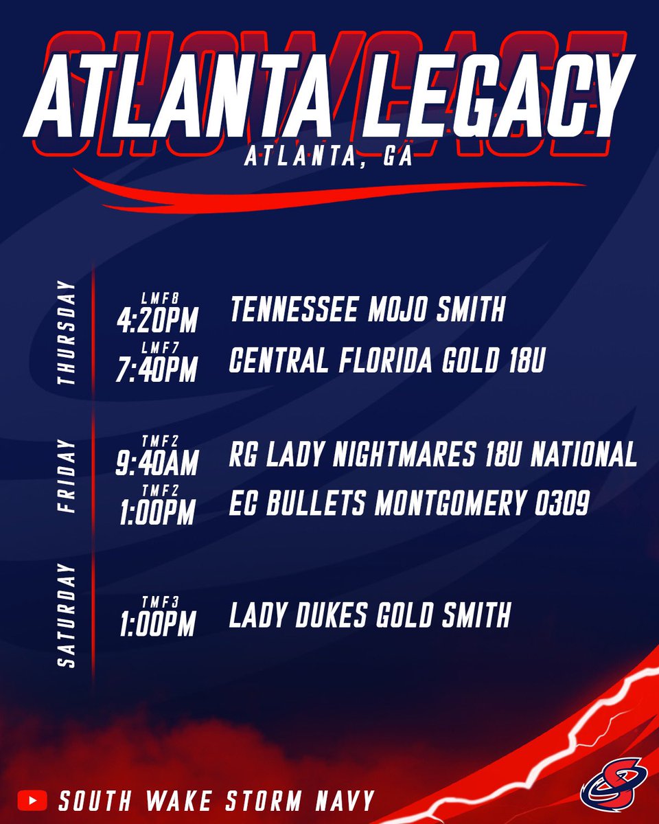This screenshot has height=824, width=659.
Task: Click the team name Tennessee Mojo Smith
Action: [x=367, y=311]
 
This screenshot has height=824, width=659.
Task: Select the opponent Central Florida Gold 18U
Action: [x=386, y=362]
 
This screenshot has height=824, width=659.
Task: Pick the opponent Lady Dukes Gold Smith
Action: [x=369, y=615]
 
